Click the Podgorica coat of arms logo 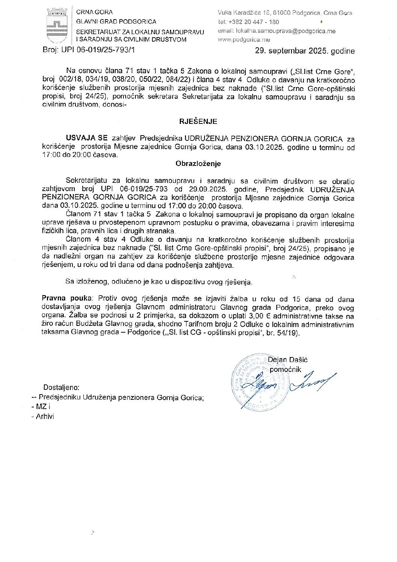[x=57, y=26]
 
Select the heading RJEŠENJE [x=198, y=121]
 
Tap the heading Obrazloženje [x=198, y=164]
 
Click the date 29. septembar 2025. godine [x=305, y=51]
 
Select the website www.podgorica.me [x=244, y=40]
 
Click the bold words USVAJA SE [x=87, y=139]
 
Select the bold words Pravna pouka [x=67, y=298]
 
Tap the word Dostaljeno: [x=61, y=387]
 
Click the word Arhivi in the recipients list [x=45, y=416]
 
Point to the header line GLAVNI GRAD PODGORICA [x=116, y=22]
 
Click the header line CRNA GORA [x=94, y=12]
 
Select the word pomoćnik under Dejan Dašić [x=285, y=369]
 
